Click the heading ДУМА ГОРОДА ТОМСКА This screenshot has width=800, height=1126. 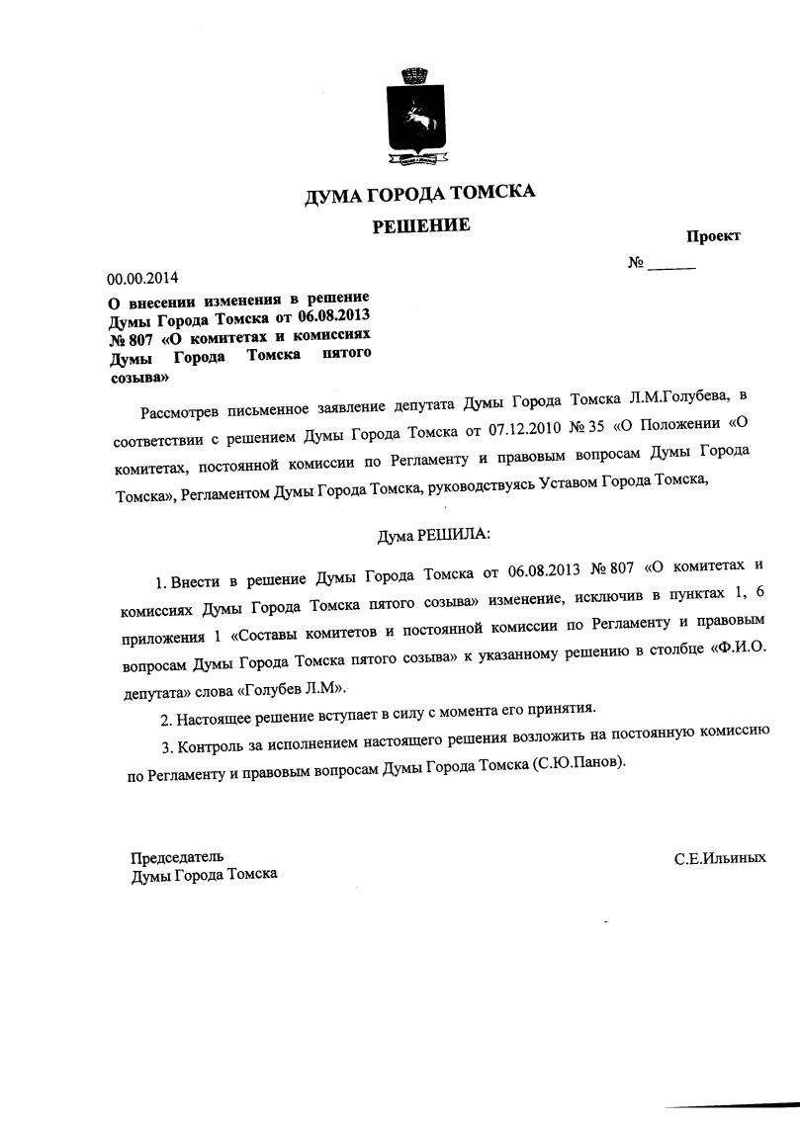[420, 194]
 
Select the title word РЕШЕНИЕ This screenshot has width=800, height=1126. [420, 226]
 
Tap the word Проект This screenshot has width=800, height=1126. [713, 236]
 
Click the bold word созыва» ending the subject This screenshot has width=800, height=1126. [138, 377]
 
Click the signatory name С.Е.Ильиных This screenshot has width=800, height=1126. [719, 858]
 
